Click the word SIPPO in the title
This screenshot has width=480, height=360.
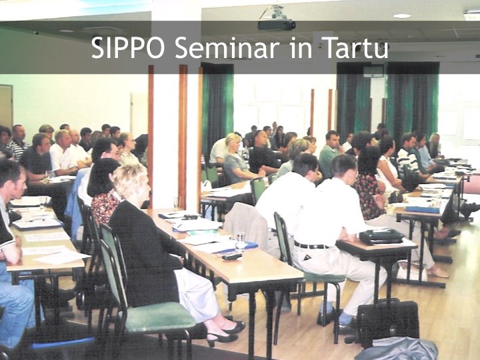tap(128, 47)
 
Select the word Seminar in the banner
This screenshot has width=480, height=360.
tap(227, 47)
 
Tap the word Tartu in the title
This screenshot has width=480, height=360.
tap(355, 47)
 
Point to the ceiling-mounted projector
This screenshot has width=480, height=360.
tap(277, 20)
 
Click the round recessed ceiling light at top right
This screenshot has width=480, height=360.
tap(402, 16)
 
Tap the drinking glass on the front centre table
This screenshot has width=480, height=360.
tap(240, 241)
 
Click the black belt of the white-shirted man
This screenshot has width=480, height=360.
tap(311, 245)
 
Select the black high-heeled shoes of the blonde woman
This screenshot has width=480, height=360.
tap(227, 332)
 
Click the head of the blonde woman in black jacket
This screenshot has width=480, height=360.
tap(131, 182)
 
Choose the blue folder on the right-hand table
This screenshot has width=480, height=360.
tap(422, 209)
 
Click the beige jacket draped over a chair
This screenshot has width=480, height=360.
tap(247, 223)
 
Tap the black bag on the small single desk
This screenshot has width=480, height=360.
tap(381, 236)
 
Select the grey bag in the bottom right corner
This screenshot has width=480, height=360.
tap(397, 349)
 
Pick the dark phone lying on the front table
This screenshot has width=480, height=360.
tap(232, 257)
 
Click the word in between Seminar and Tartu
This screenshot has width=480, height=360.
tap(301, 47)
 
